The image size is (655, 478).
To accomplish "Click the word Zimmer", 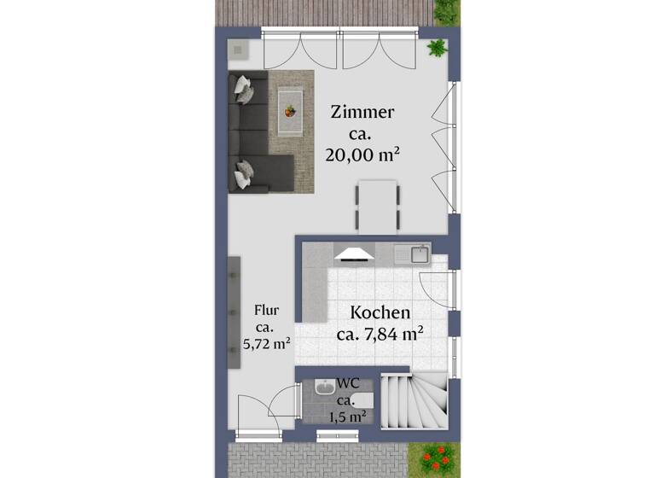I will [362, 113].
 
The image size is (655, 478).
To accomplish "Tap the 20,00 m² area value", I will [362, 154].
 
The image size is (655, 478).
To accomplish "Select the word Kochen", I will [380, 313].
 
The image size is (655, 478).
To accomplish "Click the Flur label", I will [265, 312].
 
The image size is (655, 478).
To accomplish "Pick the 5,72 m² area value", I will [267, 345].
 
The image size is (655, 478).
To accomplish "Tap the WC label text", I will [347, 384].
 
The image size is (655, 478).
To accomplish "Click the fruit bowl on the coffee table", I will [291, 110].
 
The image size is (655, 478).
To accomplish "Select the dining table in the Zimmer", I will [377, 205].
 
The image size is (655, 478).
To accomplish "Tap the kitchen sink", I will [418, 253].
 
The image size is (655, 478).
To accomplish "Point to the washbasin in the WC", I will [324, 389].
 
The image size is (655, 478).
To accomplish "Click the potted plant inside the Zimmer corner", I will [438, 47].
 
